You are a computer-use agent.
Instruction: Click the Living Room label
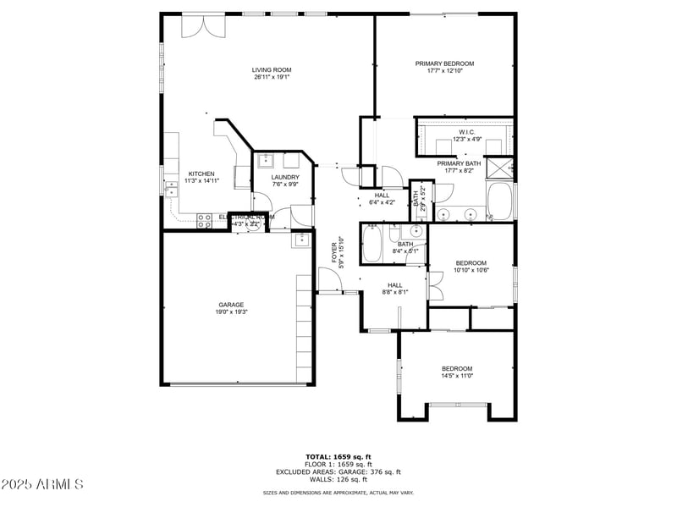pyautogui.click(x=272, y=70)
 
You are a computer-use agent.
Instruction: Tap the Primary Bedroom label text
pyautogui.click(x=444, y=63)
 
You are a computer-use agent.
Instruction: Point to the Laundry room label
pyautogui.click(x=285, y=177)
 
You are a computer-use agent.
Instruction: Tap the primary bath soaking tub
pyautogui.click(x=499, y=202)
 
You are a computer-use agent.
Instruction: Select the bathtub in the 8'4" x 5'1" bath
pyautogui.click(x=373, y=246)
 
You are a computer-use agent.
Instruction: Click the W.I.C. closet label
pyautogui.click(x=471, y=132)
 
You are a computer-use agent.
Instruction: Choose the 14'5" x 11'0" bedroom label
pyautogui.click(x=457, y=368)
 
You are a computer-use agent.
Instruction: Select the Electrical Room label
pyautogui.click(x=246, y=217)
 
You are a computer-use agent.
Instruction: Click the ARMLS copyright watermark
pyautogui.click(x=42, y=484)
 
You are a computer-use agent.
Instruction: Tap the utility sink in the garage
pyautogui.click(x=302, y=240)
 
